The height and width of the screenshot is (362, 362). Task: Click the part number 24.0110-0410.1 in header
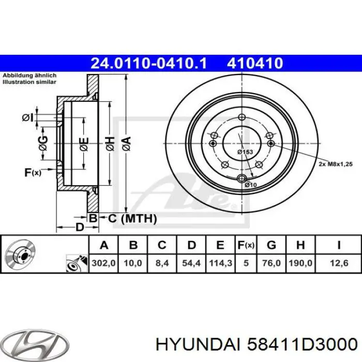(148, 64)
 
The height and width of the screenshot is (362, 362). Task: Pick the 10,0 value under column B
(132, 263)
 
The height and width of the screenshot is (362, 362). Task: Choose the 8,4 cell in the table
(162, 263)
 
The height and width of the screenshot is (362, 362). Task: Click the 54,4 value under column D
(191, 263)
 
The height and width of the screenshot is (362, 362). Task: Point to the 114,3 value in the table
(220, 263)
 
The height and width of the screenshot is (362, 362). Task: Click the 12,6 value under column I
(338, 263)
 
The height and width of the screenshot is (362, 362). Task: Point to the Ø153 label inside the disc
(244, 152)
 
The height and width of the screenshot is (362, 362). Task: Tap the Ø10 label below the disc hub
(251, 185)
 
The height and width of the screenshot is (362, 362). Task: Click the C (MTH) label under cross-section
(131, 219)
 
